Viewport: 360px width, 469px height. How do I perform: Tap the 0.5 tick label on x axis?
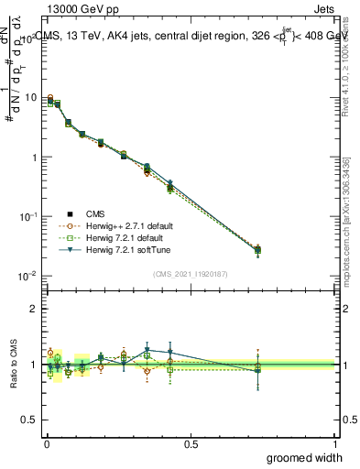coord(191,443)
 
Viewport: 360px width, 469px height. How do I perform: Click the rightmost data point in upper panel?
coord(257,249)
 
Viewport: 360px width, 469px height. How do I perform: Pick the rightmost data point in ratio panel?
coord(257,366)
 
